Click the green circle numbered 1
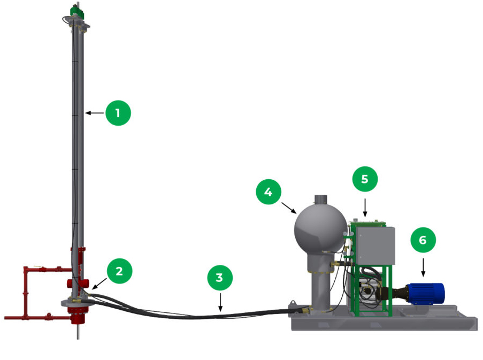click(x=118, y=113)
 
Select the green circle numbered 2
click(x=119, y=271)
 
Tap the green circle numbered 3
click(x=220, y=278)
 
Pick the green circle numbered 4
click(x=269, y=192)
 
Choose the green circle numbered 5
click(x=365, y=179)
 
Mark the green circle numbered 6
click(x=423, y=240)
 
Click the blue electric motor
click(x=426, y=294)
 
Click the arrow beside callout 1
click(x=95, y=113)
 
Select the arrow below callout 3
click(x=220, y=302)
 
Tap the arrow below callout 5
click(x=365, y=208)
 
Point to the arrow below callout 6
click(x=423, y=267)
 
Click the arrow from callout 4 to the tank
click(x=289, y=208)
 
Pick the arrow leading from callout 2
click(x=99, y=284)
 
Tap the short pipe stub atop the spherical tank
click(x=321, y=200)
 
